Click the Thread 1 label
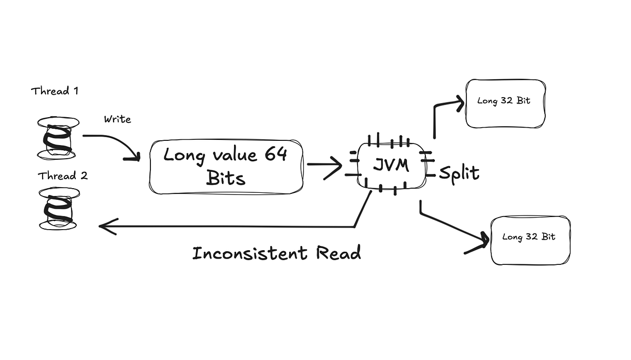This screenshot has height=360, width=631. [54, 91]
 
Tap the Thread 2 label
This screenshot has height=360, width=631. [63, 176]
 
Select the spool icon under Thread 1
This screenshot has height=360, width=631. [58, 138]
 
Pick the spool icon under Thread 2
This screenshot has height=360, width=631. [58, 209]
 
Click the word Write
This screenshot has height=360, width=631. [117, 119]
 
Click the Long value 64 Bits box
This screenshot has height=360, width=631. [226, 167]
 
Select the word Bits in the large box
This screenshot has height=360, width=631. [226, 179]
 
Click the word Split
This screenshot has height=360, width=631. [459, 172]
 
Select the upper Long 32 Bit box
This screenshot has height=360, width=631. [505, 103]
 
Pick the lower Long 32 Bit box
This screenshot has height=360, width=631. [530, 240]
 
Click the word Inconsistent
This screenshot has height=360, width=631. [249, 253]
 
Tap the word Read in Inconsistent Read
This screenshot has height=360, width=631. [338, 253]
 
